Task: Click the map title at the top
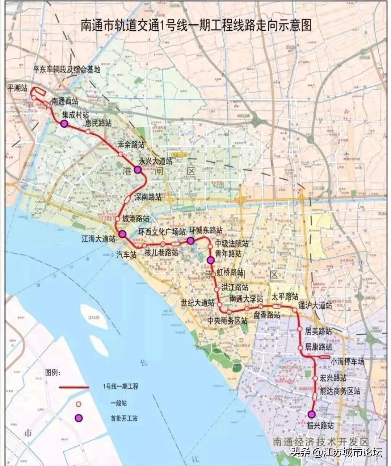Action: tap(195, 26)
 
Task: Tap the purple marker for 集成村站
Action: tap(64, 124)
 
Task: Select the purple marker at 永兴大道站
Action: tap(138, 170)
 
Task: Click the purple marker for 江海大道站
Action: tap(122, 234)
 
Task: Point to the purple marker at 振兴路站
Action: tap(311, 414)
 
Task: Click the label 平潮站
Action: tap(17, 88)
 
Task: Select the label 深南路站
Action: tap(148, 197)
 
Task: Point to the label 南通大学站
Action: tap(246, 299)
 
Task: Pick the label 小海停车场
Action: tap(347, 361)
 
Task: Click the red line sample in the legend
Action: tap(74, 387)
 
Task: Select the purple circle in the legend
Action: tap(79, 418)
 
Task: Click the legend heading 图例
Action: tap(53, 372)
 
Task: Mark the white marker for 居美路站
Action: tap(300, 329)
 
